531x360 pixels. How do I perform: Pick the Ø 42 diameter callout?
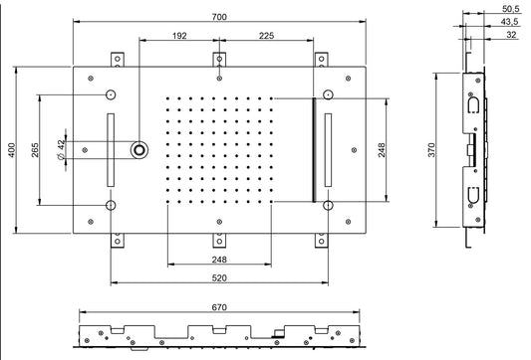(63, 149)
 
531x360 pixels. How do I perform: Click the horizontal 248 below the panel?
(218, 261)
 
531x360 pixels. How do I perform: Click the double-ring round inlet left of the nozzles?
(139, 149)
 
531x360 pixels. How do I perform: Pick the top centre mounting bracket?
(218, 59)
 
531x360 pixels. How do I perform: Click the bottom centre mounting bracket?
(218, 240)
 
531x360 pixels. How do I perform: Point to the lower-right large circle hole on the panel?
(327, 205)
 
